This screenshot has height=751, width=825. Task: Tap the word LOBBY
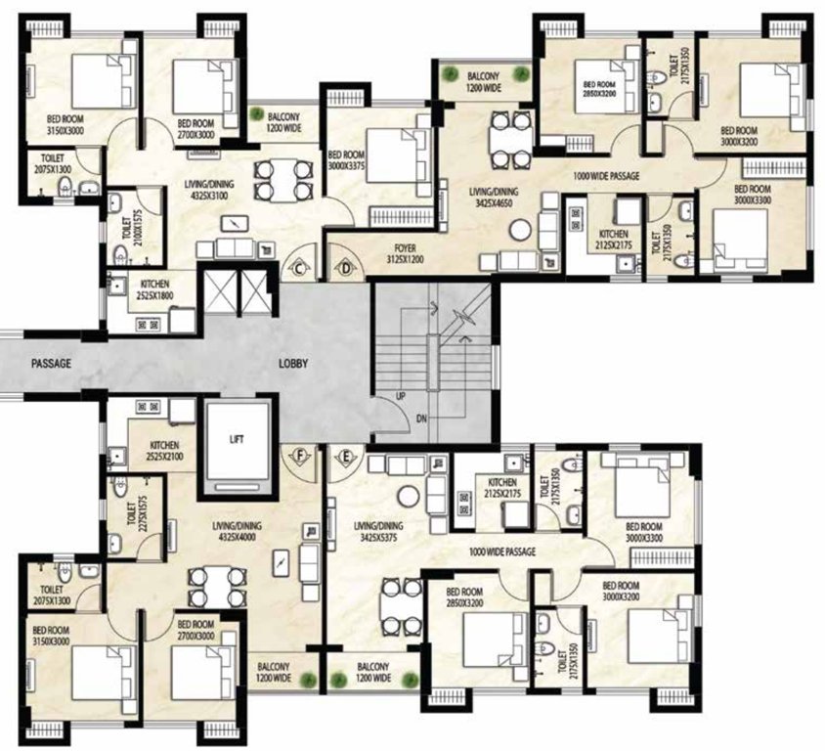click(x=293, y=363)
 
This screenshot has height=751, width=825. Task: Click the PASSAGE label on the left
click(x=51, y=363)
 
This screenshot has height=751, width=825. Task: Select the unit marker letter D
click(x=345, y=268)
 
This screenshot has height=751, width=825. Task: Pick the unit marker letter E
click(x=345, y=455)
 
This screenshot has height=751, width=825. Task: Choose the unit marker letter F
click(x=300, y=455)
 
